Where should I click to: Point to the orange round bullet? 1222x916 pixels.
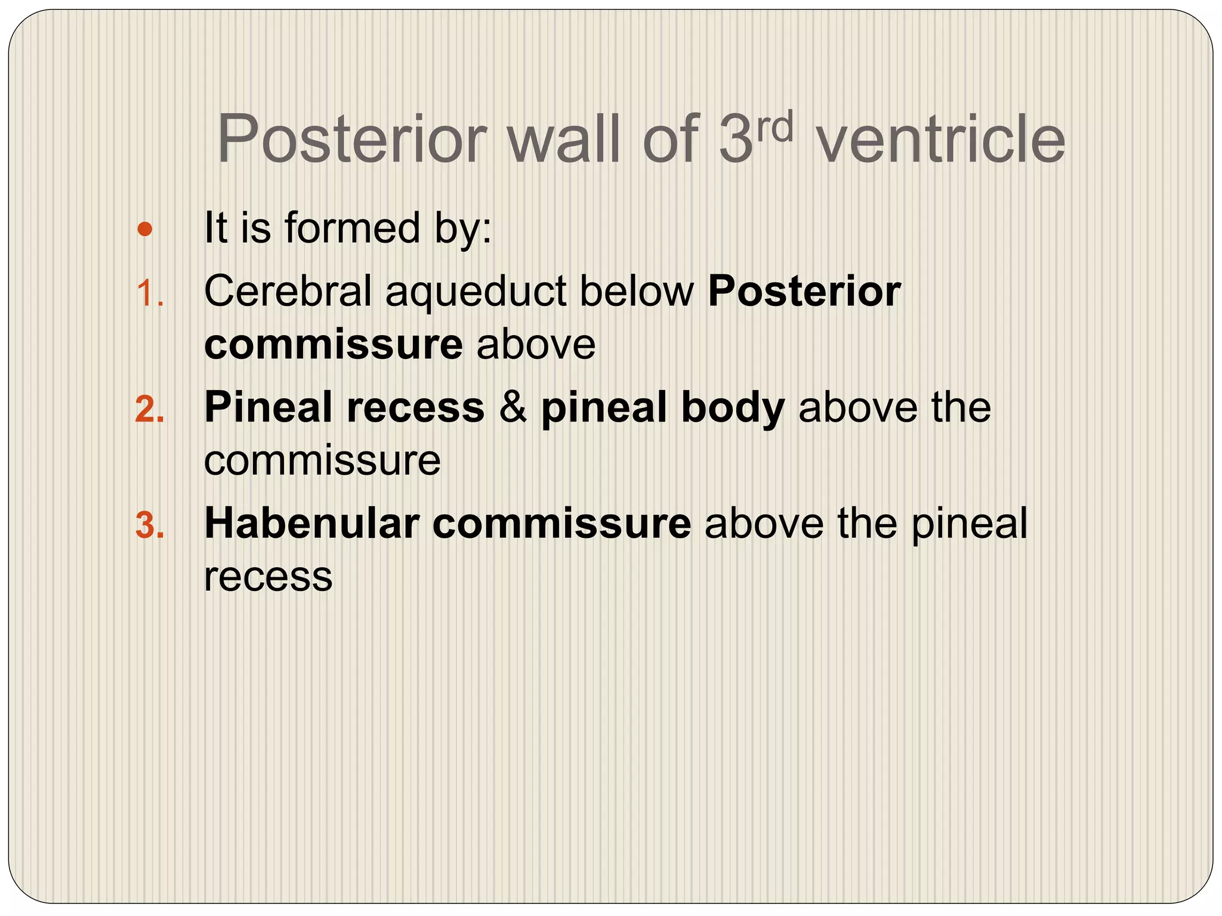coord(144,229)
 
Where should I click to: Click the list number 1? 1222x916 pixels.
coord(149,294)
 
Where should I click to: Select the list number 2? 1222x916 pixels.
coord(149,410)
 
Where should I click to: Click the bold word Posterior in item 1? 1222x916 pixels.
coord(804,292)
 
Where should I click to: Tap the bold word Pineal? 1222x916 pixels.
coord(268,408)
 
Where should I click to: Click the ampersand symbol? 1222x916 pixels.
coord(513,409)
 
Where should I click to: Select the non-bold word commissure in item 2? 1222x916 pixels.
coord(322,461)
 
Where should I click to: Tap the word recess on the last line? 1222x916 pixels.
coord(268,577)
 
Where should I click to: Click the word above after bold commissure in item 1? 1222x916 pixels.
coord(536,345)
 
